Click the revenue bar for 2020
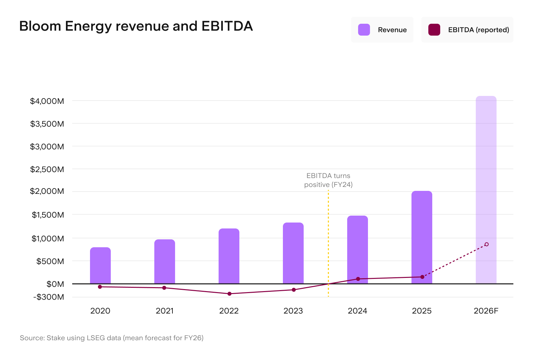[100, 265]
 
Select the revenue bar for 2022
[229, 256]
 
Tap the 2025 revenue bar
[422, 237]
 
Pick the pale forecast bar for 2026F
[486, 190]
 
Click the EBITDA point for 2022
[229, 294]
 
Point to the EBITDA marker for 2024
[358, 279]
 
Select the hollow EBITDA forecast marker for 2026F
[487, 244]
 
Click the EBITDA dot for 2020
[100, 287]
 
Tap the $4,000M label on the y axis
[47, 101]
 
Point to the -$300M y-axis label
[49, 297]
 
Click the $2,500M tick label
[47, 169]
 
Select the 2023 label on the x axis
[293, 311]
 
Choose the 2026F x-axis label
[486, 311]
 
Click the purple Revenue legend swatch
[364, 30]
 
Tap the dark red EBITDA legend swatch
[434, 30]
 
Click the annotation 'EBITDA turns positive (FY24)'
[328, 180]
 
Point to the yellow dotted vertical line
[328, 243]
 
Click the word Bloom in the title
[40, 26]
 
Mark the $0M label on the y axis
[55, 284]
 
